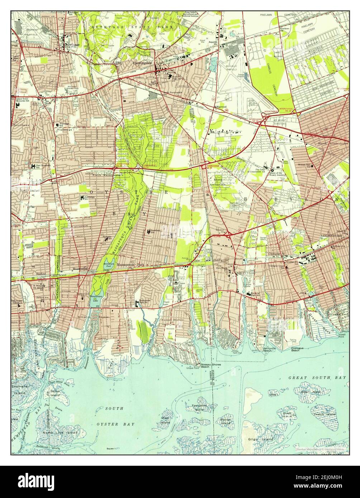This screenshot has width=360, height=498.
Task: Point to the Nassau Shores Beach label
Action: [x=210, y=365]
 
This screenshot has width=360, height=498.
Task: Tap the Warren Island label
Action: [x=225, y=421]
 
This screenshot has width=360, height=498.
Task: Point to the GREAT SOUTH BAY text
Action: [x=317, y=378]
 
